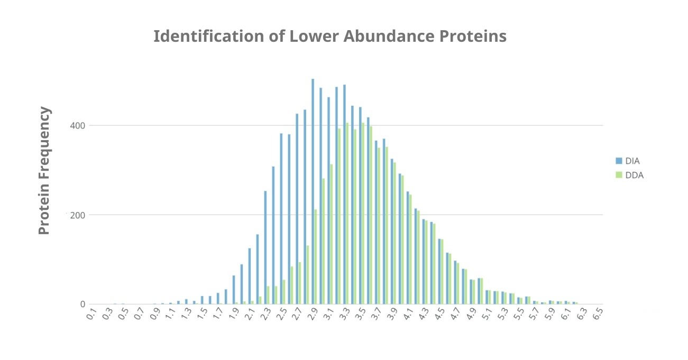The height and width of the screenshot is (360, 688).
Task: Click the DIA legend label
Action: click(632, 161)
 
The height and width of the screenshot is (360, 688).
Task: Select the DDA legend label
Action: click(634, 176)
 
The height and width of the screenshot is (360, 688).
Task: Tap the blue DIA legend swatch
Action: click(619, 161)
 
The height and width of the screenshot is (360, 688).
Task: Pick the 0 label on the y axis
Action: click(82, 304)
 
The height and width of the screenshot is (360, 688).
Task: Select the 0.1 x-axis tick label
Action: click(91, 316)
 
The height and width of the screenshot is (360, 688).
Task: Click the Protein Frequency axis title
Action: click(45, 171)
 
